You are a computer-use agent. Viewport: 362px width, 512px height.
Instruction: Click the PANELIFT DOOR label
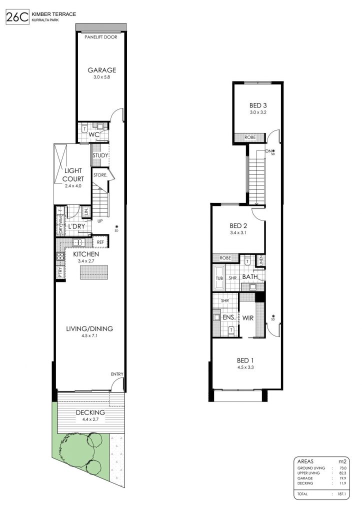[x=100, y=37]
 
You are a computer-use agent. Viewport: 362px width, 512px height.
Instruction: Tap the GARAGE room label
[x=102, y=70]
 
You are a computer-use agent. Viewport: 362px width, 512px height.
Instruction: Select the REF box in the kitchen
[x=100, y=242]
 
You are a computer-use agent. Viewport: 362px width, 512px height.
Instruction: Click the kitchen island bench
[x=94, y=272]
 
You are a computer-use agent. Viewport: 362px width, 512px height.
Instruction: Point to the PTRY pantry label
[x=60, y=272]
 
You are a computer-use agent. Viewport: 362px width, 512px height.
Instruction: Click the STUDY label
[x=100, y=155]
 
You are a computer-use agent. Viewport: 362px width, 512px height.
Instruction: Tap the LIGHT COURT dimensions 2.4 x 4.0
[x=73, y=186]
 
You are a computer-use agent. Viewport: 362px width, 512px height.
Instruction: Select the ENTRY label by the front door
[x=117, y=374]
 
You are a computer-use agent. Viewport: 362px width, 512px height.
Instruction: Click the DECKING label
[x=90, y=412]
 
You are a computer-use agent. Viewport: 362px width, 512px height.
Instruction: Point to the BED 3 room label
[x=258, y=105]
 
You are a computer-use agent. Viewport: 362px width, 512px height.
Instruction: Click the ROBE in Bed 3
[x=250, y=137]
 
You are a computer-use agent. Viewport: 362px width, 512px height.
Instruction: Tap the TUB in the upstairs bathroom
[x=219, y=278]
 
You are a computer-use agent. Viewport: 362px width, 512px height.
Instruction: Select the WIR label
[x=248, y=317]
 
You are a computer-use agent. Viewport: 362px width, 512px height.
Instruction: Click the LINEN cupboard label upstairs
[x=261, y=260]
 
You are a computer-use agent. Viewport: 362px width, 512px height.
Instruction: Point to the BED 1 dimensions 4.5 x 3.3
[x=245, y=367]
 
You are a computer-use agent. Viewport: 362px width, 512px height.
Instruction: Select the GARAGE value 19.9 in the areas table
[x=342, y=478]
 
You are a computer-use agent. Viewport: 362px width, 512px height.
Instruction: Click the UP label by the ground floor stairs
[x=100, y=221]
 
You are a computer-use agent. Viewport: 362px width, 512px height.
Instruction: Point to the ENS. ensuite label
[x=229, y=317]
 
